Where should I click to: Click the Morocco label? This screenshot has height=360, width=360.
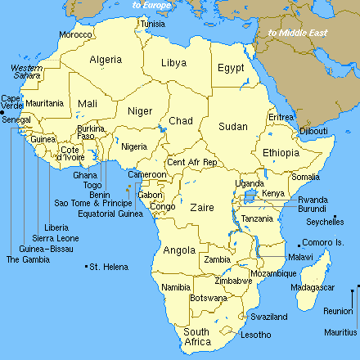(x=75, y=35)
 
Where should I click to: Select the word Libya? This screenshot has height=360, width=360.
(x=173, y=62)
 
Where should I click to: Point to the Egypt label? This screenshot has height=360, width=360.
(x=231, y=69)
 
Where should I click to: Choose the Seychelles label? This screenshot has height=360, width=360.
(x=326, y=221)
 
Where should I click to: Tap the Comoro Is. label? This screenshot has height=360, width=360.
(x=323, y=243)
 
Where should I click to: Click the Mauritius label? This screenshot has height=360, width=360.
(x=340, y=333)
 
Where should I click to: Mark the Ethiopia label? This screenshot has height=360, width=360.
(x=281, y=153)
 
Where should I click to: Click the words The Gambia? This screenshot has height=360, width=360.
(x=22, y=259)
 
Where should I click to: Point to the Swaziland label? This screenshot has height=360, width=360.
(x=268, y=317)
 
